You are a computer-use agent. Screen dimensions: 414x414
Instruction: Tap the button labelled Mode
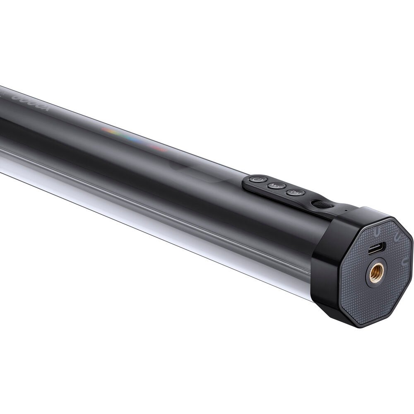pos(274,186)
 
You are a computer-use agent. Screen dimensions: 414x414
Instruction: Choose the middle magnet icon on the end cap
pos(395,238)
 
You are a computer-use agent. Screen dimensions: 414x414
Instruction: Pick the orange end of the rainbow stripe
pos(107,130)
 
